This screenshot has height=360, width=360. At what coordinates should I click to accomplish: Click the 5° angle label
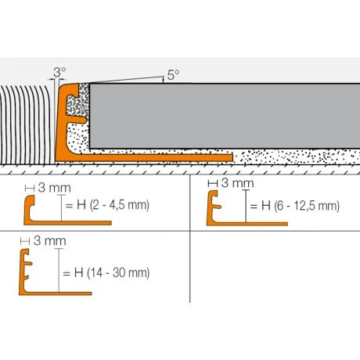coord(173,75)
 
